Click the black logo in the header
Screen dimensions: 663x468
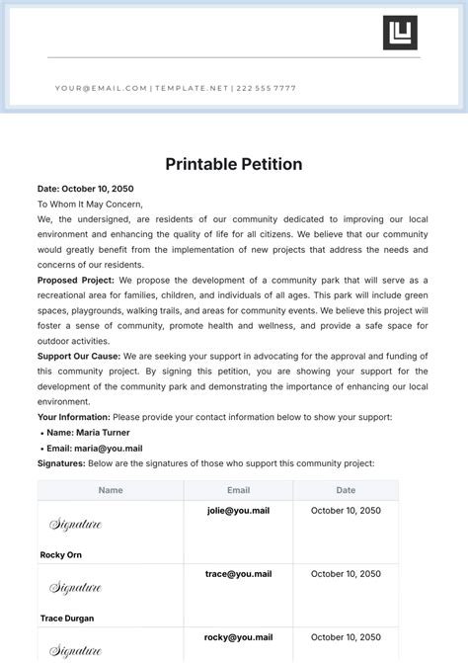pyautogui.click(x=400, y=33)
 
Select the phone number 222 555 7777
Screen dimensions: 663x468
pyautogui.click(x=267, y=88)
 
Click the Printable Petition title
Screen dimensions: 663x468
pyautogui.click(x=234, y=164)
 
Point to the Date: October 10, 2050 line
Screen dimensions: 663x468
pyautogui.click(x=85, y=189)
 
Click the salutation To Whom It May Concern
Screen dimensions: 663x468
pyautogui.click(x=90, y=204)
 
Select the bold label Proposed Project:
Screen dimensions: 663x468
pyautogui.click(x=76, y=281)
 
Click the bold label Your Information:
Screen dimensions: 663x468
pyautogui.click(x=74, y=418)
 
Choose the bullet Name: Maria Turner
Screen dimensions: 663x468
pyautogui.click(x=88, y=433)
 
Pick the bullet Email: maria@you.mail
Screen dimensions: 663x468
pyautogui.click(x=94, y=448)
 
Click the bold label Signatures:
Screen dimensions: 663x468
pyautogui.click(x=60, y=462)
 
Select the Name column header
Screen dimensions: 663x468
pyautogui.click(x=111, y=490)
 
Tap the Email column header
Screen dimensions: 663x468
pyautogui.click(x=238, y=490)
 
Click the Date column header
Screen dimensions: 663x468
pyautogui.click(x=346, y=490)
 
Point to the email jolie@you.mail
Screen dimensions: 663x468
pyautogui.click(x=238, y=511)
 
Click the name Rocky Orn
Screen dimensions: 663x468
pyautogui.click(x=61, y=555)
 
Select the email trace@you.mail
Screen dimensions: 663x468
pyautogui.click(x=238, y=574)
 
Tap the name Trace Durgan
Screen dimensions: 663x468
pyautogui.click(x=68, y=619)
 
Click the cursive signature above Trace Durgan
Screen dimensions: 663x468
pyautogui.click(x=75, y=588)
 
